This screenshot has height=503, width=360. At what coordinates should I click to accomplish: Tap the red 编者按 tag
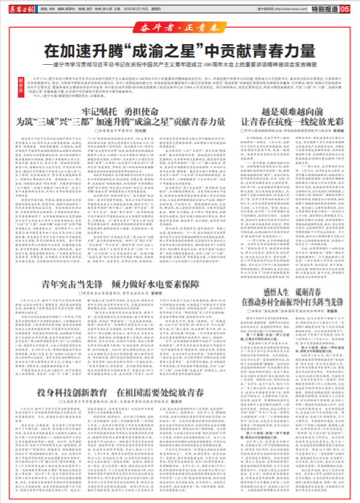click(12, 83)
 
